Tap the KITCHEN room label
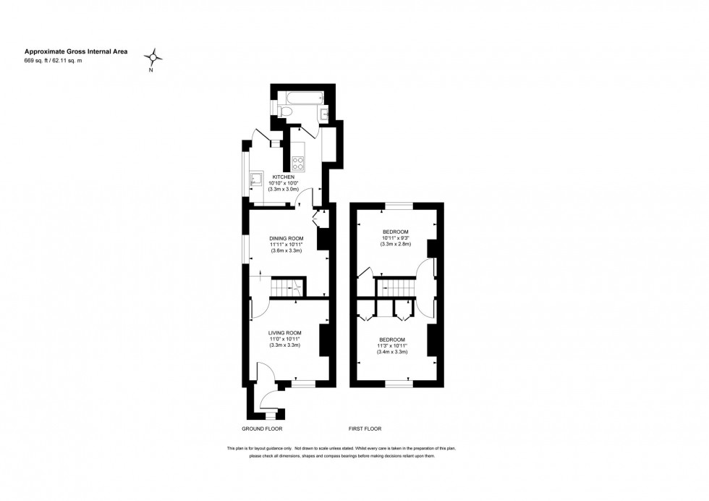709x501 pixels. pyautogui.click(x=283, y=177)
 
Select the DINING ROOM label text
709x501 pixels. pyautogui.click(x=286, y=238)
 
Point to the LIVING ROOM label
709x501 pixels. pyautogui.click(x=284, y=332)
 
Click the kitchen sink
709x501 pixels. pyautogui.click(x=255, y=179)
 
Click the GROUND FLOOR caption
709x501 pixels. pyautogui.click(x=261, y=429)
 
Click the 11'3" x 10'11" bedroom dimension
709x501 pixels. pyautogui.click(x=391, y=345)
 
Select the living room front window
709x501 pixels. pyautogui.click(x=303, y=384)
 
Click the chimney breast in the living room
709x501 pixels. pyautogui.click(x=324, y=340)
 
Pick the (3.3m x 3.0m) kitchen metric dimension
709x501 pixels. pyautogui.click(x=284, y=190)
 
